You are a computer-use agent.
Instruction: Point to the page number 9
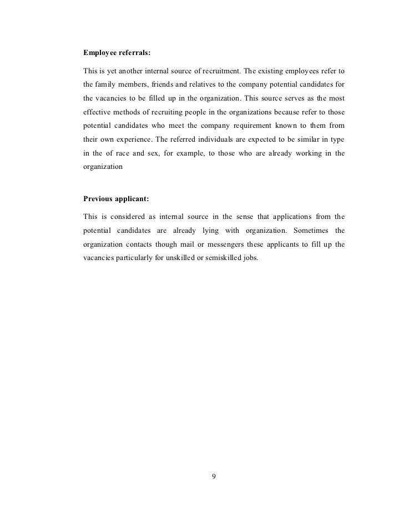click(x=214, y=476)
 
